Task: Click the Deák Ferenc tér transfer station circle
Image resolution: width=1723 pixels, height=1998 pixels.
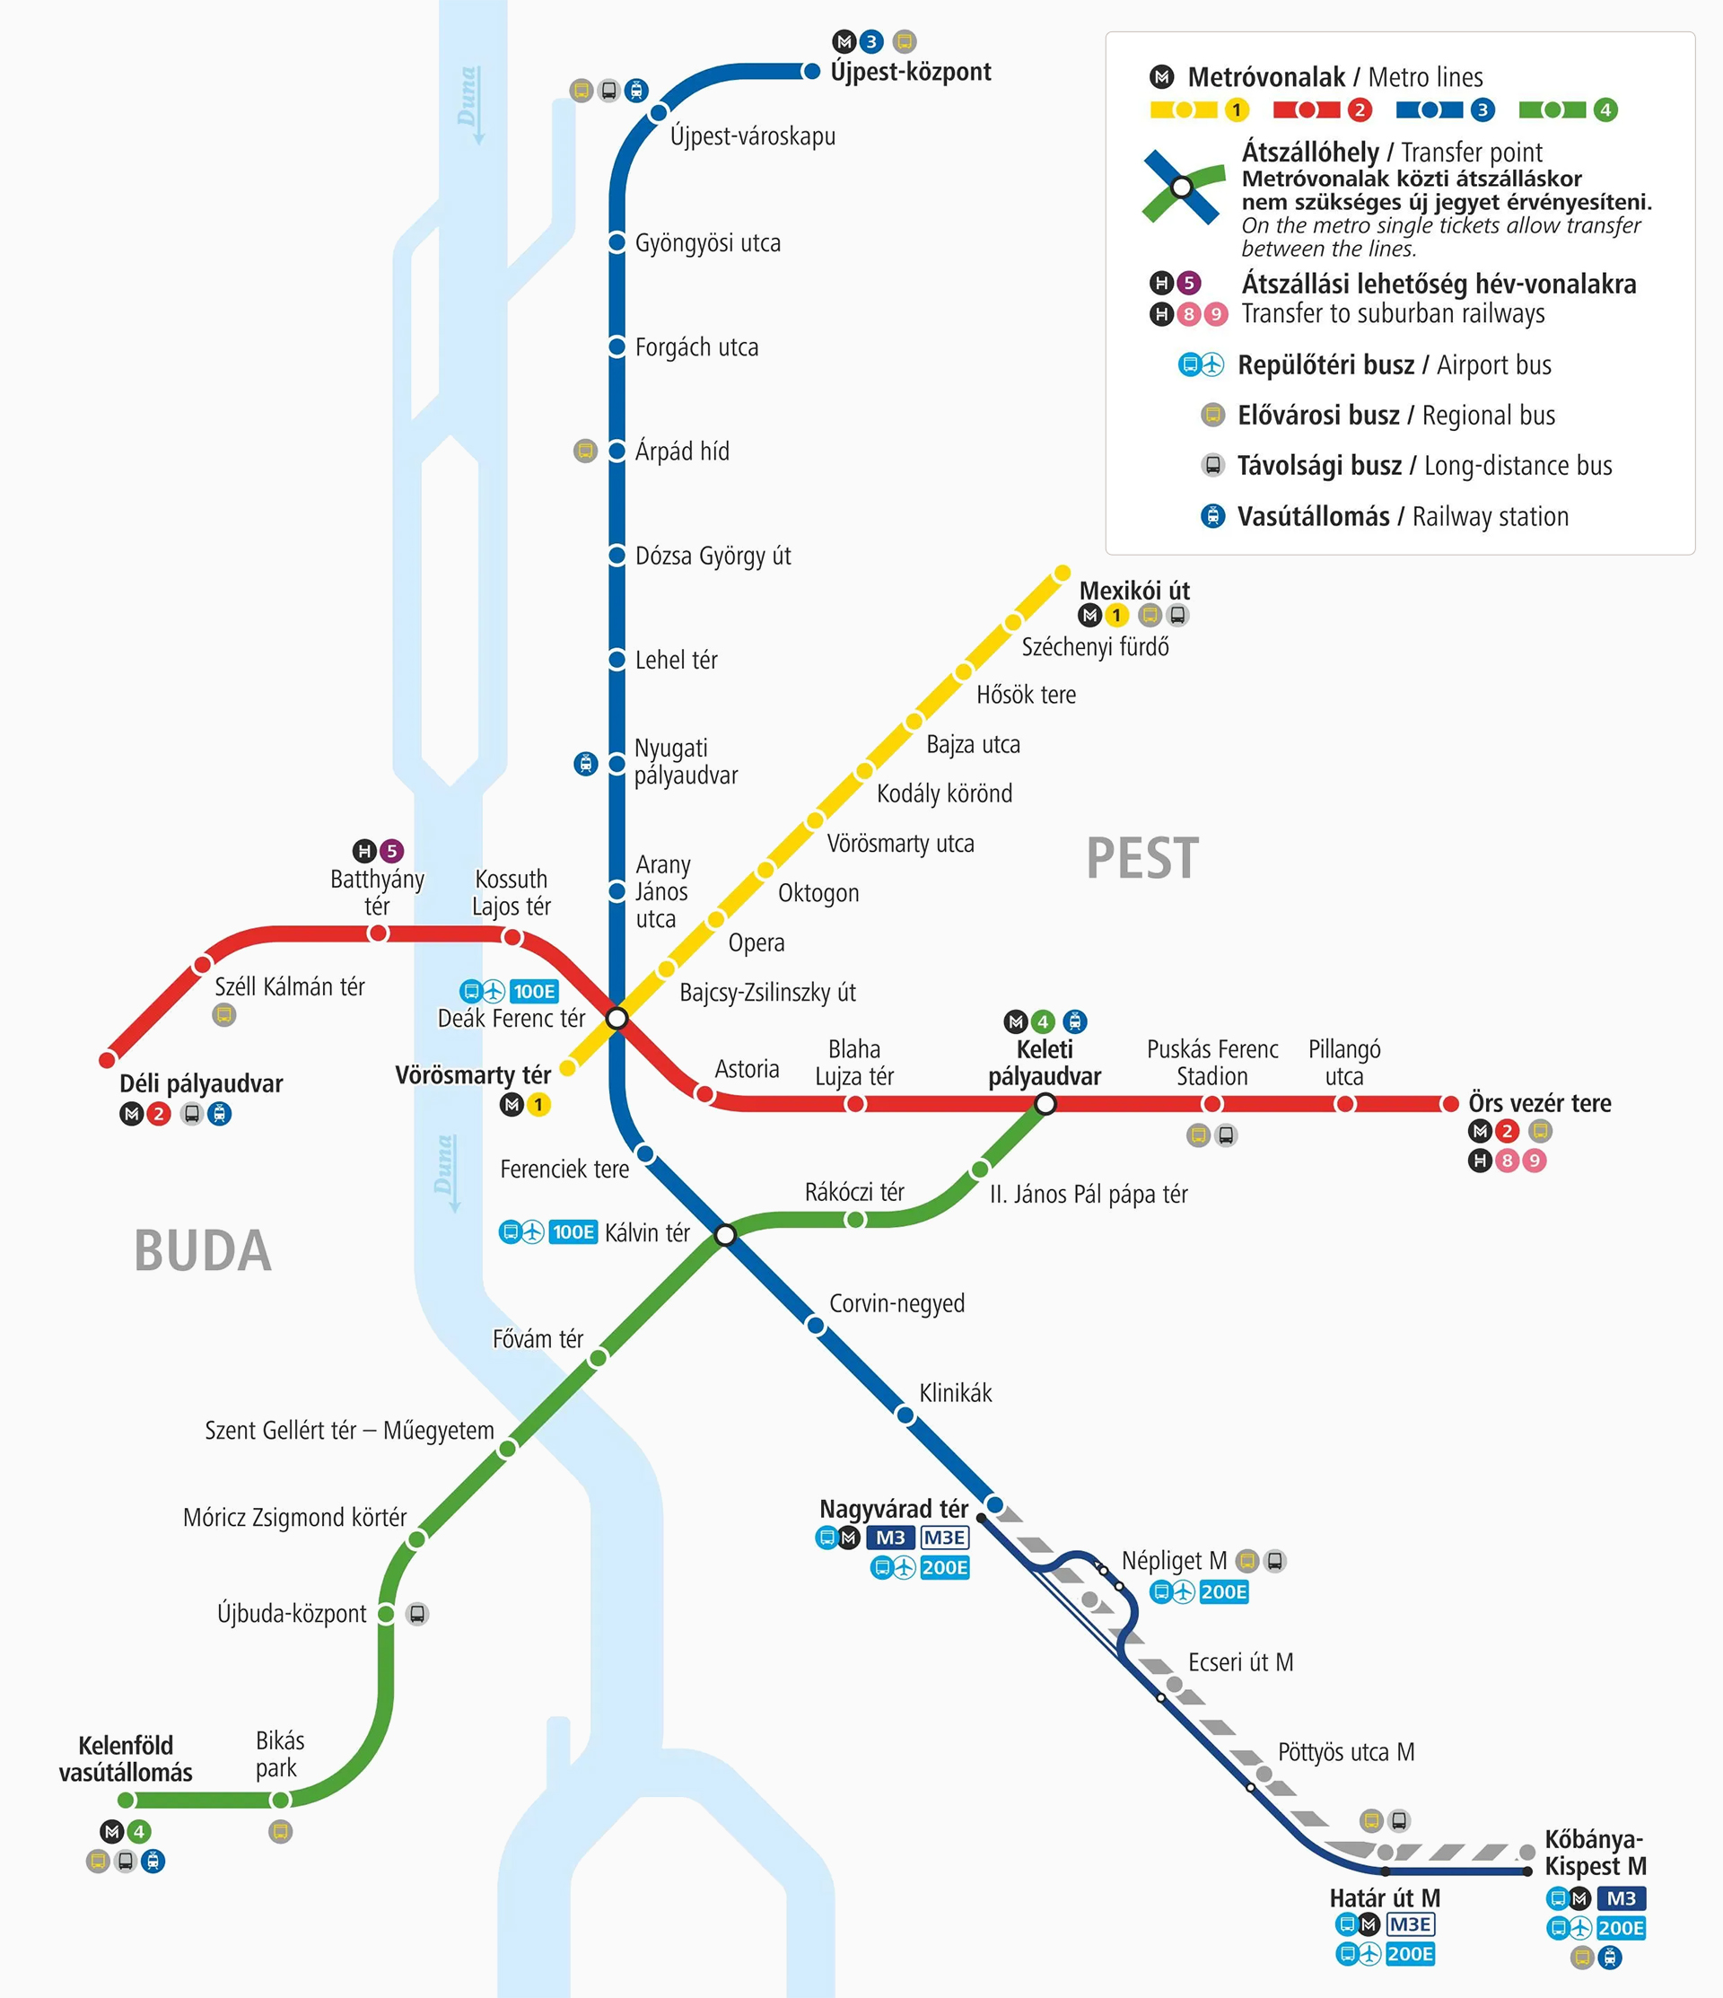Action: [617, 1018]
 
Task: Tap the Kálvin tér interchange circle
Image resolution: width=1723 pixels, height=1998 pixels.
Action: [726, 1235]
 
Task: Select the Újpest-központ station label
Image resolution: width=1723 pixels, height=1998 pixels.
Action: [910, 73]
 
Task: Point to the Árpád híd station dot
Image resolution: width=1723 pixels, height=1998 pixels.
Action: [617, 451]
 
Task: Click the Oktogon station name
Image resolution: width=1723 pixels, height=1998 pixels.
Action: [818, 893]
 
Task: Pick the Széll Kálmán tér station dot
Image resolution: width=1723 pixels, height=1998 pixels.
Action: [203, 964]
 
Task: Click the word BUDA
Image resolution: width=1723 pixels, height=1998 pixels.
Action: [203, 1251]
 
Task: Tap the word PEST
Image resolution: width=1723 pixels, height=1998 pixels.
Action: [1142, 858]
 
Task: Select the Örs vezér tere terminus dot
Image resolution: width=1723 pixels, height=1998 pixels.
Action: [1449, 1103]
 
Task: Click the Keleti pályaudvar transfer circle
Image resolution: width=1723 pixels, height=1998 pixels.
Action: [1045, 1104]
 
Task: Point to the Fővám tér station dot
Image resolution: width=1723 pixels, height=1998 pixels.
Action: [598, 1358]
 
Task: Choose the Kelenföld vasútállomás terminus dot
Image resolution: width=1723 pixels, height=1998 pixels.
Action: [127, 1801]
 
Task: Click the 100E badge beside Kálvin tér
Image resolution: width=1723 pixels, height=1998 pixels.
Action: [573, 1232]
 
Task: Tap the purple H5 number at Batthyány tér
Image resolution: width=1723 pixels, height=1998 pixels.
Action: [391, 851]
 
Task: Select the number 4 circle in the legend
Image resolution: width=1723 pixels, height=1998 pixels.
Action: [1605, 110]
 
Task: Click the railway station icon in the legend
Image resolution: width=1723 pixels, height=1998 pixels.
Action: [1212, 516]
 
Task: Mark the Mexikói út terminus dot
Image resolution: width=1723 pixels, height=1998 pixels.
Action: [1062, 574]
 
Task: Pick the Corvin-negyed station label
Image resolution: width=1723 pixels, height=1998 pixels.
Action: [896, 1303]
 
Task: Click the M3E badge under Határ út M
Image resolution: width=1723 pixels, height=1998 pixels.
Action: [1410, 1924]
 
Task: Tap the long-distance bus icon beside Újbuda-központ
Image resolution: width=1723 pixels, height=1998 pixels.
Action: [417, 1613]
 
